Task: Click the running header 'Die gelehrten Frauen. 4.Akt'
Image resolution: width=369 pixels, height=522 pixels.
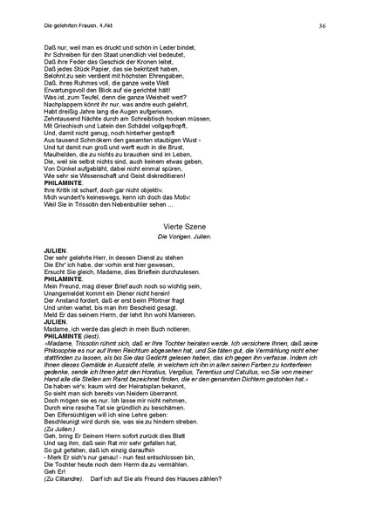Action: point(76,26)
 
